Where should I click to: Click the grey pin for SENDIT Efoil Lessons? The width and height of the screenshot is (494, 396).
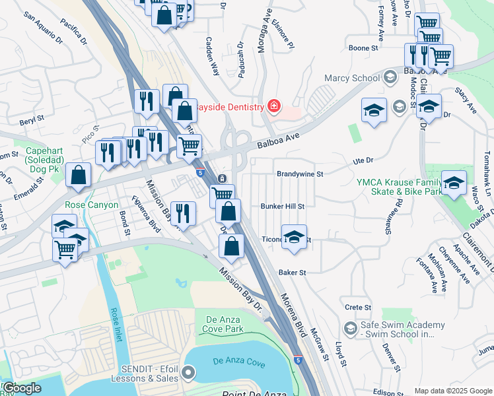click(188, 374)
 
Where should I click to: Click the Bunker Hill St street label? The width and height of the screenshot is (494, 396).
click(282, 207)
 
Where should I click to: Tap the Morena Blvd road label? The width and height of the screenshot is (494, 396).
click(294, 317)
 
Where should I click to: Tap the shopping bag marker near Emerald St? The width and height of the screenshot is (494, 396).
click(79, 176)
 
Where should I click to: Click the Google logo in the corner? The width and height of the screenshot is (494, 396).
click(22, 388)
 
